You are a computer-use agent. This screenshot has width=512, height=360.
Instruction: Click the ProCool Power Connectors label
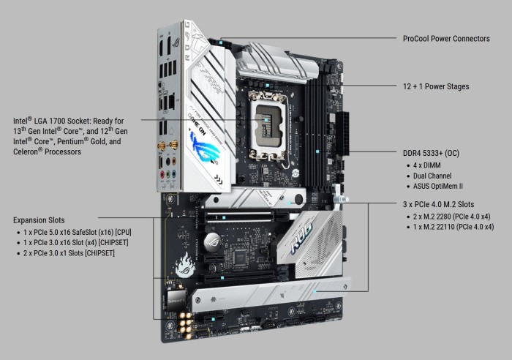(446, 39)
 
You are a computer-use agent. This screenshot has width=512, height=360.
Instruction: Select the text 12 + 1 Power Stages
(436, 86)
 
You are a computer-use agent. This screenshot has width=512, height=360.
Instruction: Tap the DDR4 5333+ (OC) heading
(431, 153)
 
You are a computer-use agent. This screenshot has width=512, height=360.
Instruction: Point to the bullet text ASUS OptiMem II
(438, 186)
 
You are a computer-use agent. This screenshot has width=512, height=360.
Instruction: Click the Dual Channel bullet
(432, 176)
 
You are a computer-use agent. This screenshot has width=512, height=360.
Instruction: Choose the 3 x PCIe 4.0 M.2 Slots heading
(439, 204)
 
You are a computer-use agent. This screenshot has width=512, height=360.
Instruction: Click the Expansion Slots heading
(39, 220)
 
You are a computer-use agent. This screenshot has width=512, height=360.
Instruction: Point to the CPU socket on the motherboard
(268, 126)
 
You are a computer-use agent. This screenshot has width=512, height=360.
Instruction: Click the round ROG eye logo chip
(213, 242)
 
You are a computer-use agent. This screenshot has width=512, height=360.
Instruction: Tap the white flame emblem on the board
(185, 265)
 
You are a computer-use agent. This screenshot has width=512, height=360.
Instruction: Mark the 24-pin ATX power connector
(342, 134)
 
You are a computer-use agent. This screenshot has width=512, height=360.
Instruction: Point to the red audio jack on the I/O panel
(162, 174)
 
